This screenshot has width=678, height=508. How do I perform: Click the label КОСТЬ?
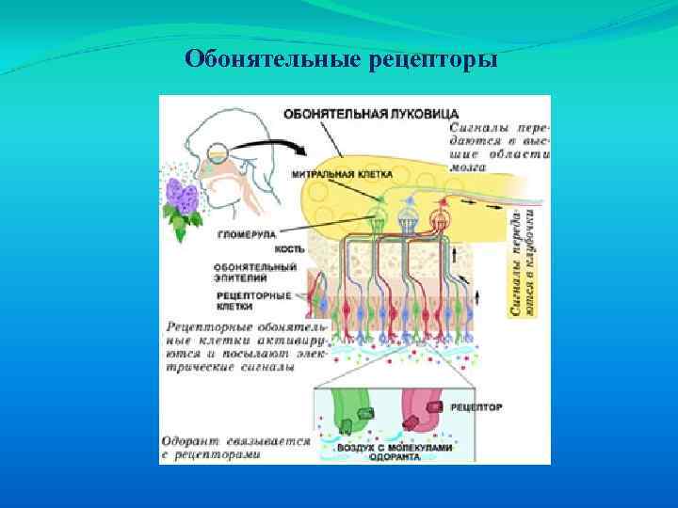tap(288, 249)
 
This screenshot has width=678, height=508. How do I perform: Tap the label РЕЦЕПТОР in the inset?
tap(476, 407)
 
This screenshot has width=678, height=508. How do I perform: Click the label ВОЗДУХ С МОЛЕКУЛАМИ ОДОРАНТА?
tap(395, 452)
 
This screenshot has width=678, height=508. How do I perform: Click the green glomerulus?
tap(378, 218)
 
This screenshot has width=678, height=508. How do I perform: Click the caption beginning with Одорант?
tap(235, 446)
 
